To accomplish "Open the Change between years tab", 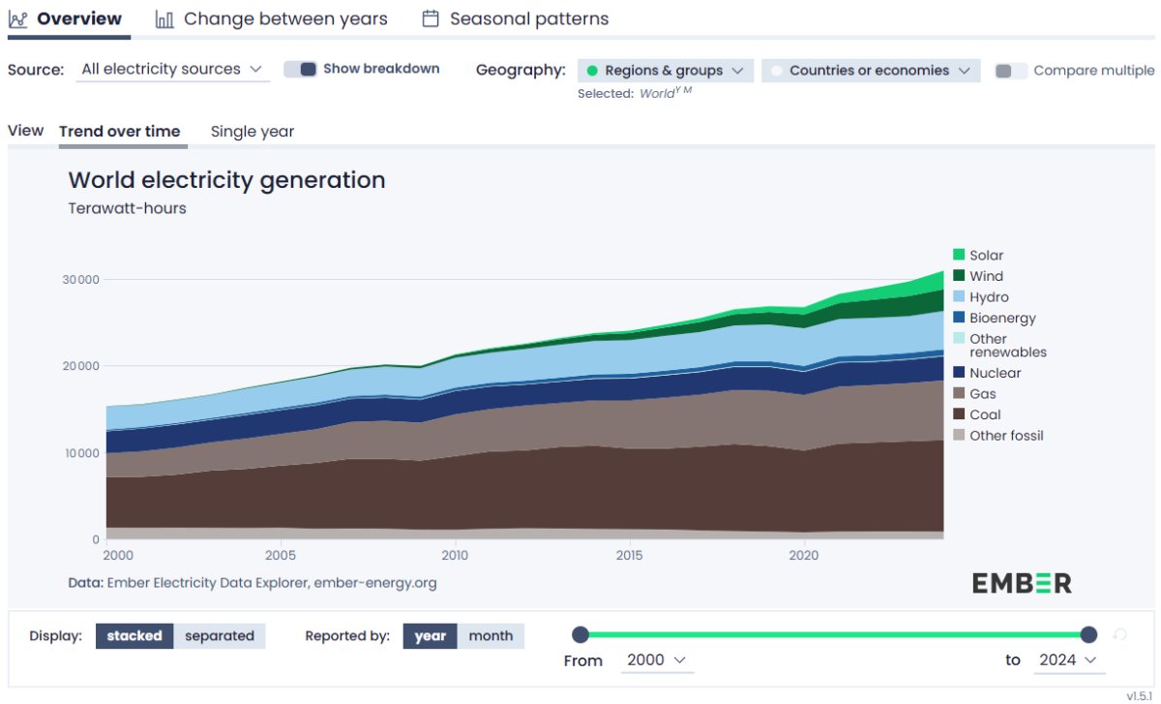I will (272, 19).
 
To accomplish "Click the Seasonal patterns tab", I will (516, 19).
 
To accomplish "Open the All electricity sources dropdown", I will (172, 70).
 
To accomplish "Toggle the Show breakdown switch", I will (301, 70).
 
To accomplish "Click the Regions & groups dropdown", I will (665, 71).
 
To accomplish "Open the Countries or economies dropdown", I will (870, 71).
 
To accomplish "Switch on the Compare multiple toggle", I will (1011, 71).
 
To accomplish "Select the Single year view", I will (253, 132).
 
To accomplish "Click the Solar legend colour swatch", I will (959, 256).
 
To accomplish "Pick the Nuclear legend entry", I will (995, 373).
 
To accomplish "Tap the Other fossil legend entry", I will (1006, 436).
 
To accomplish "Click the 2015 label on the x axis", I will (629, 556).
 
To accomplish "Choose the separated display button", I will (220, 636).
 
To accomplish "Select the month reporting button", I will (491, 636).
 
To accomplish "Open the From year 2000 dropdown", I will (656, 659).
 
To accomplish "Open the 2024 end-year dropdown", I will (1067, 659).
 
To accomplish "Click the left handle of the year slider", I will (580, 634).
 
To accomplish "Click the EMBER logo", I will (1022, 583).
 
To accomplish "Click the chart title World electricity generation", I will (226, 180).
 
